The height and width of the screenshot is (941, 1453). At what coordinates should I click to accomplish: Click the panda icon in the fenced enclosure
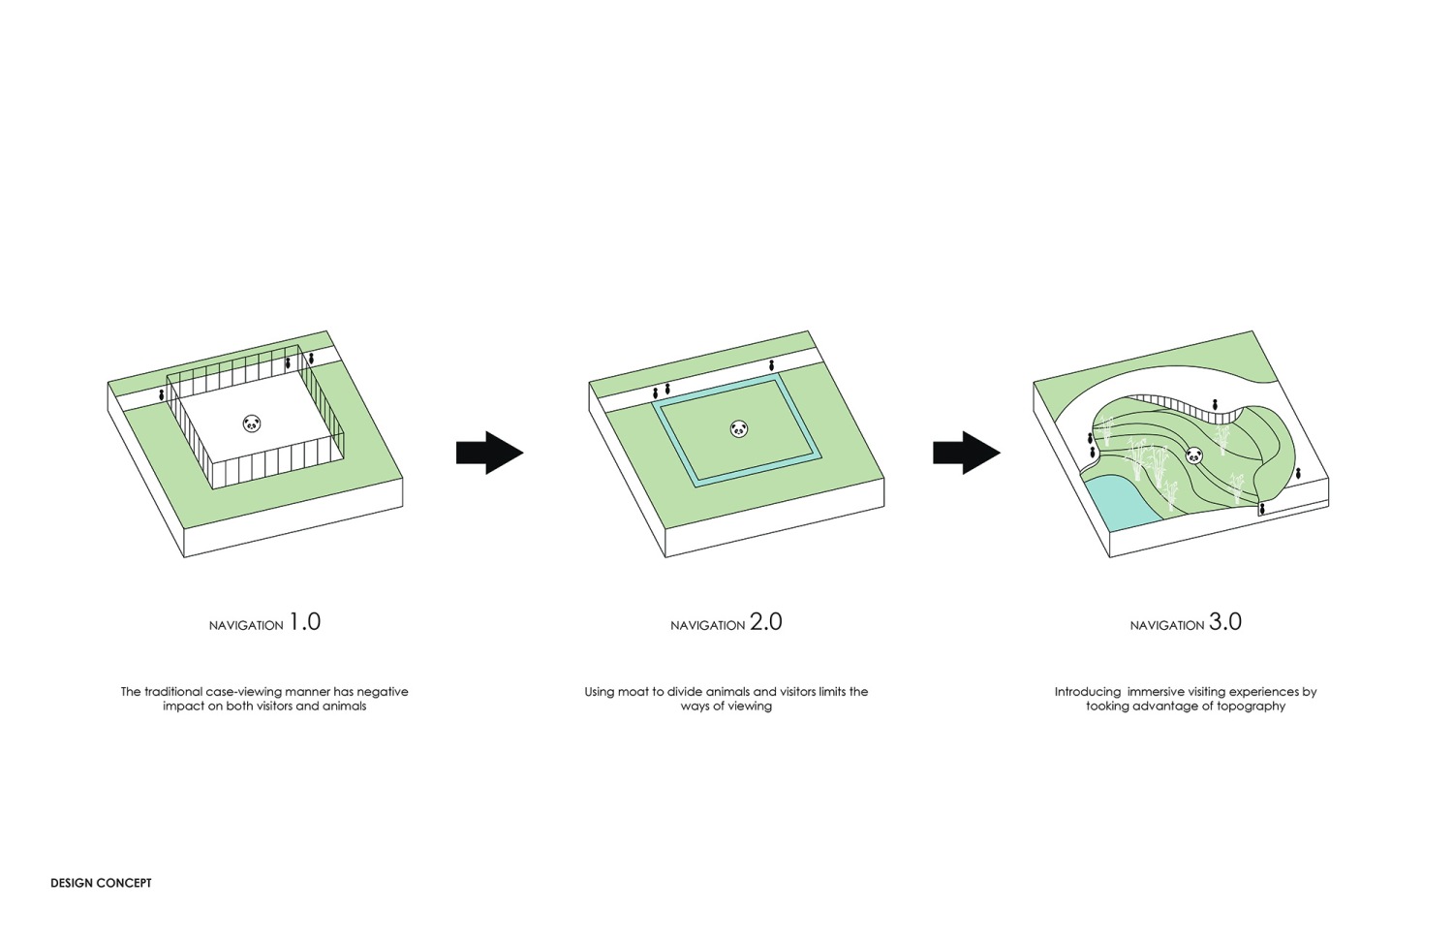252,423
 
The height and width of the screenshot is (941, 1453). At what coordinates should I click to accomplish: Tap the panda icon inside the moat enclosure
739,428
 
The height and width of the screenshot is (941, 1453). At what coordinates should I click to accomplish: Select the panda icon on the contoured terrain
1194,456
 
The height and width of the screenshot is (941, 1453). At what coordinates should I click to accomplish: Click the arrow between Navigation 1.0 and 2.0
490,453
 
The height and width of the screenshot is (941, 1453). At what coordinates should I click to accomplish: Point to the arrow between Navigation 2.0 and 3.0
967,453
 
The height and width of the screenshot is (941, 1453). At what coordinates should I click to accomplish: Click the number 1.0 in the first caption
305,622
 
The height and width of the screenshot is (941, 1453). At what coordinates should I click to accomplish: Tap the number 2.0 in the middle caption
766,622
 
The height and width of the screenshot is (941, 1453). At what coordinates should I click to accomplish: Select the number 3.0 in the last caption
1225,622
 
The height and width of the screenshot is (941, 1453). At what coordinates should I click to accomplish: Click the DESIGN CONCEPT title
101,883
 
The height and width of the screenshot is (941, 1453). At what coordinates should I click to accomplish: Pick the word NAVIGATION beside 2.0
708,626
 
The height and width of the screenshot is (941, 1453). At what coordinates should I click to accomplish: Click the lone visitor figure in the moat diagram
771,365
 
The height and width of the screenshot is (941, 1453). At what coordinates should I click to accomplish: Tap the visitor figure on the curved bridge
1215,405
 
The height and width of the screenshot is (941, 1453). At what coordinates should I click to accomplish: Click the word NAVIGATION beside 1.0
246,626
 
